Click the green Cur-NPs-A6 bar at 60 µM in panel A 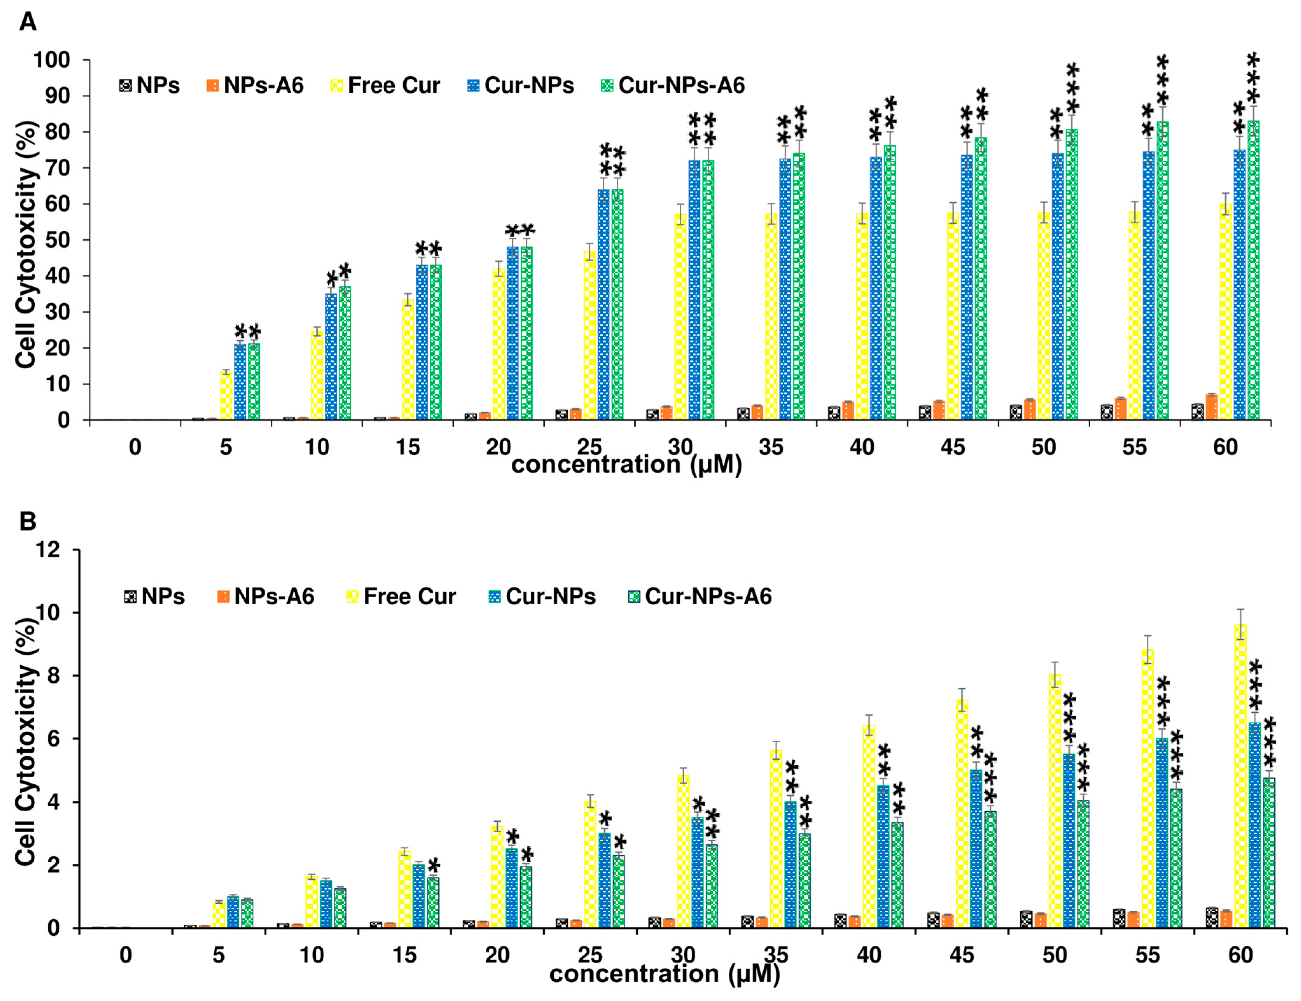(x=1253, y=271)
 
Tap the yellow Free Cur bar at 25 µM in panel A (x=589, y=337)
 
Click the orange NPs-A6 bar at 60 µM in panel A (x=1211, y=408)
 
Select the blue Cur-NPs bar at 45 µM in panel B (x=976, y=849)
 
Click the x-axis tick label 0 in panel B (x=126, y=955)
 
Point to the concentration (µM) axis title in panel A (x=626, y=465)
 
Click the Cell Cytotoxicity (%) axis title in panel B (x=26, y=742)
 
